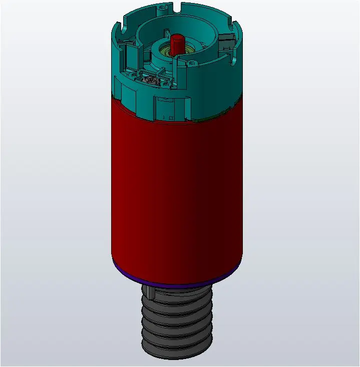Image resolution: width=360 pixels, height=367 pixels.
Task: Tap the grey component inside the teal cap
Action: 149,81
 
